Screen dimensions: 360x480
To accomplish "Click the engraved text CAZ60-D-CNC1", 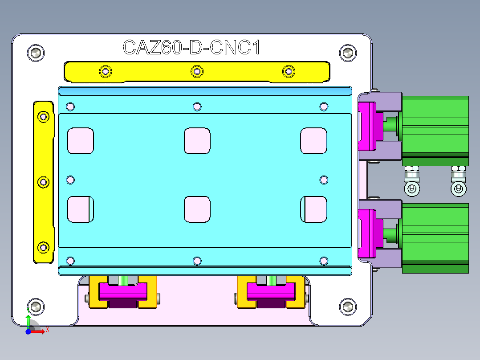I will tap(191, 47).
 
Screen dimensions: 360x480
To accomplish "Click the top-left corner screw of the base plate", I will tap(36, 53).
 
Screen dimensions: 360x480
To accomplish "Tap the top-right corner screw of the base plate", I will tap(348, 53).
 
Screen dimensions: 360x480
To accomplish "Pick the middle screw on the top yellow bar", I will tap(197, 71).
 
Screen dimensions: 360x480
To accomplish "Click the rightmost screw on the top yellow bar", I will tap(289, 71).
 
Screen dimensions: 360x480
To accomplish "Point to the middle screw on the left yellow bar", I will tap(43, 182).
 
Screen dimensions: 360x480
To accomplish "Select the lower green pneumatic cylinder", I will tap(435, 235).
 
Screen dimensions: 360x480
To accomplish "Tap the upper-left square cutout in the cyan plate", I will tap(81, 140).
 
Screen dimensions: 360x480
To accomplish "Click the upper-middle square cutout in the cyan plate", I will tap(197, 140).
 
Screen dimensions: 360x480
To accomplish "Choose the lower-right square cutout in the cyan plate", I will tap(313, 209).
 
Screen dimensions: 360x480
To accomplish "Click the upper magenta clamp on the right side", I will tap(368, 126).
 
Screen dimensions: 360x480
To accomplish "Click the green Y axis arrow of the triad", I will tap(28, 321).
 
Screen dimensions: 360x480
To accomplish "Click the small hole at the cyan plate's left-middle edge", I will tap(70, 180).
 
